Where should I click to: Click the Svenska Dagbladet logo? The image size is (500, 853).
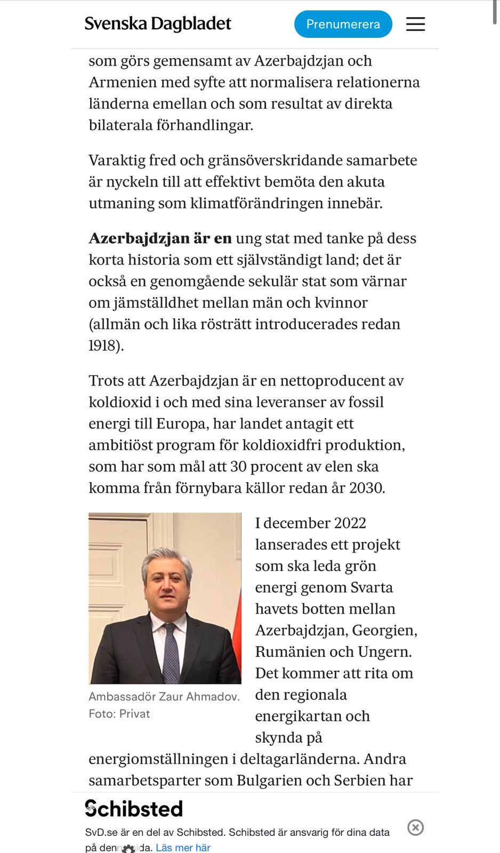coord(158,24)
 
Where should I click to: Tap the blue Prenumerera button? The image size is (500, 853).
coord(343,24)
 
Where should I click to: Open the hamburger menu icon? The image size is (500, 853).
coord(415,24)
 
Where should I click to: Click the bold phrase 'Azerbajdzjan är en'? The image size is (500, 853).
coord(160,238)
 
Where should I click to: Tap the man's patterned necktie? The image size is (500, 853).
coord(171,653)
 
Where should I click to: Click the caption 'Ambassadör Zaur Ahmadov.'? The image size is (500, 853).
coord(164,697)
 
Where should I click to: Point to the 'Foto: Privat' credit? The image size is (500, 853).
coord(119,714)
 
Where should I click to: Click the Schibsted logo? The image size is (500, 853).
coord(134,809)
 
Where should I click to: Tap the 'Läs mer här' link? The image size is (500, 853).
coord(183,847)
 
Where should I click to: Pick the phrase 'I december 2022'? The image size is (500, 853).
coord(310,523)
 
